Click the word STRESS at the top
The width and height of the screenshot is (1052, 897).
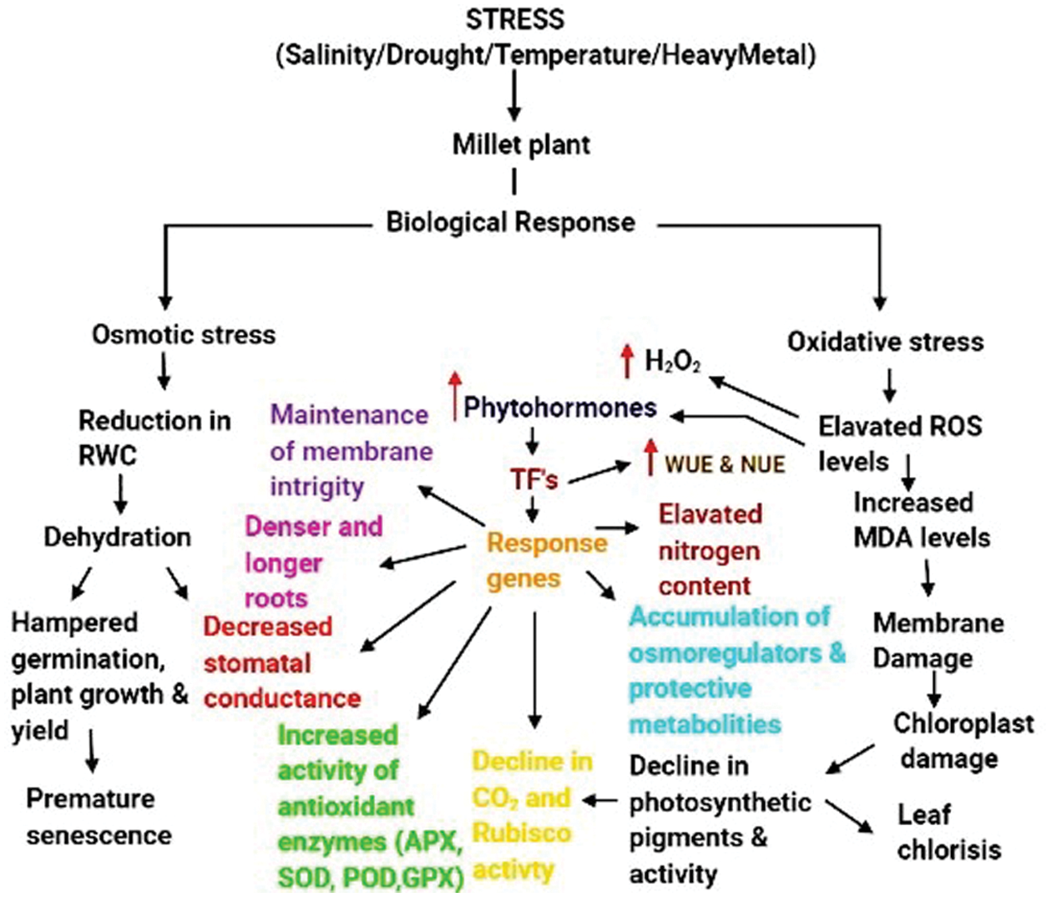tap(514, 19)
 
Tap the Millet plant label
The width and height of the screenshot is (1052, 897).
tap(521, 144)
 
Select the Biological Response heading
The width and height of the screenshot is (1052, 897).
tap(510, 222)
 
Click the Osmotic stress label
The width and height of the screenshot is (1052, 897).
tap(183, 335)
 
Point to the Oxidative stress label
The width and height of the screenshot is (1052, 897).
tap(885, 342)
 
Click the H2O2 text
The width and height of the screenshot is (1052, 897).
tap(672, 362)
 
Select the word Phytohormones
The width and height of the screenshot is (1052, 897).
tap(560, 408)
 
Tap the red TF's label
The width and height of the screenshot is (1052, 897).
tap(534, 479)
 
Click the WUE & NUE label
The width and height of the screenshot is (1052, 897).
tap(725, 464)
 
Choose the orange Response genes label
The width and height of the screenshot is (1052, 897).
tap(547, 560)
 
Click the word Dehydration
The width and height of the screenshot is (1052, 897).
tap(117, 537)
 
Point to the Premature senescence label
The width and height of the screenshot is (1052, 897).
tap(98, 817)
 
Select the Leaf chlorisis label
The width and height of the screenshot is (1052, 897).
tap(948, 832)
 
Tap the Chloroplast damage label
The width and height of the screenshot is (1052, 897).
tap(963, 741)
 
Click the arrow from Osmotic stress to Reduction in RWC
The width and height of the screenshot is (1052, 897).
tap(164, 370)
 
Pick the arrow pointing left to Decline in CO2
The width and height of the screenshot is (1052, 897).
tap(600, 800)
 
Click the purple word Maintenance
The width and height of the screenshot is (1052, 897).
tap(349, 414)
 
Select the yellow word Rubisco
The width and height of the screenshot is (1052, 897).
tap(521, 833)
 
